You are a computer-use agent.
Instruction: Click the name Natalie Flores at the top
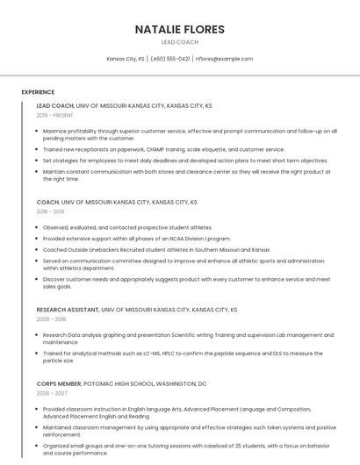(179, 30)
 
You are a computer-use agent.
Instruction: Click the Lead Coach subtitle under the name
(179, 42)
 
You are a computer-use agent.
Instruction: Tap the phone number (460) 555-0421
(170, 59)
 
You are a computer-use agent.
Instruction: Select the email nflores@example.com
(224, 59)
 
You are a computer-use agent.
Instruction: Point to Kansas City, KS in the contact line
(126, 59)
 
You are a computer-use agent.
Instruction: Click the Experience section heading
(38, 92)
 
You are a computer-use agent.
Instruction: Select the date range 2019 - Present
(54, 115)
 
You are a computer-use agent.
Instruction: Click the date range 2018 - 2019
(50, 211)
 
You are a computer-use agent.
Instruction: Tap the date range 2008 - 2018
(50, 319)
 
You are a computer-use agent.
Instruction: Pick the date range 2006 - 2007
(50, 394)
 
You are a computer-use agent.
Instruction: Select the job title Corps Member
(59, 384)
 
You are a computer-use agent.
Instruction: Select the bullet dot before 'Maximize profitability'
(38, 131)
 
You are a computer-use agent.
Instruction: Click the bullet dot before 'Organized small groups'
(38, 447)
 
